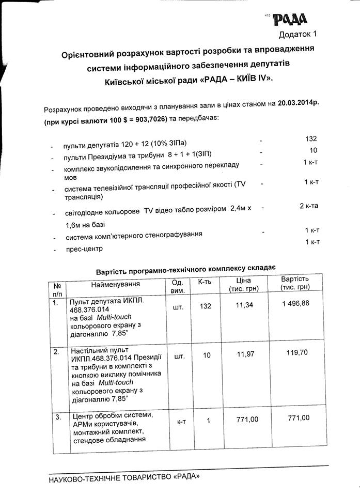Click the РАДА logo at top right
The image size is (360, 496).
289,20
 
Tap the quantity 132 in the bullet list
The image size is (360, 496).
310,139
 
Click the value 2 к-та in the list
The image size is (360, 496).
309,206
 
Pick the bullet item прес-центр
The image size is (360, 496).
84,249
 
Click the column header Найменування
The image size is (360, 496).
115,284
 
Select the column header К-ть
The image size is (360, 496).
205,283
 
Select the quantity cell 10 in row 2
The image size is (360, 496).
205,356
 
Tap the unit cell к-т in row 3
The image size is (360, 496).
181,422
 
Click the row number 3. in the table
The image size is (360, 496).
56,416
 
